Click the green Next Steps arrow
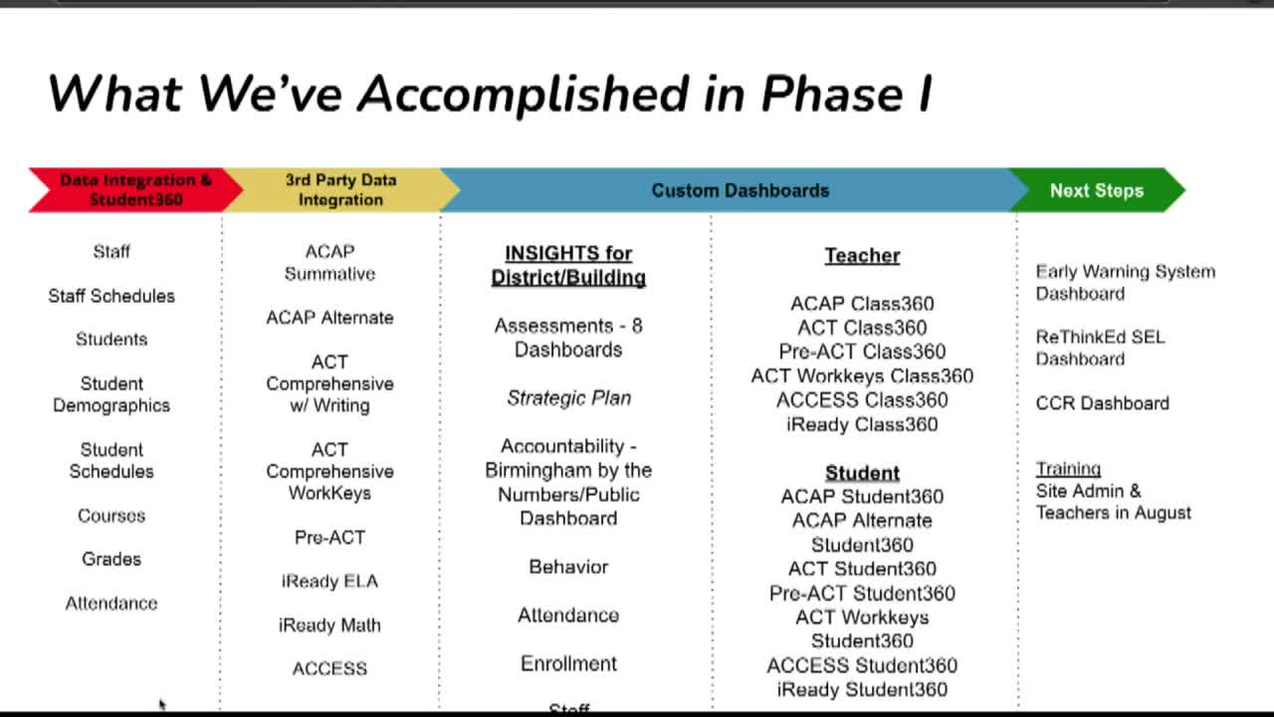pyautogui.click(x=1096, y=190)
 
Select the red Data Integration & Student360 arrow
pyautogui.click(x=135, y=189)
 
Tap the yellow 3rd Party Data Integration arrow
pyautogui.click(x=340, y=189)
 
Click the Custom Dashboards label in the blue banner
pyautogui.click(x=740, y=190)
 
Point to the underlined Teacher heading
pyautogui.click(x=862, y=256)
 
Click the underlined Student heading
pyautogui.click(x=862, y=473)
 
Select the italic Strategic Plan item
pyautogui.click(x=568, y=398)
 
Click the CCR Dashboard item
pyautogui.click(x=1102, y=403)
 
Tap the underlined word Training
pyautogui.click(x=1068, y=469)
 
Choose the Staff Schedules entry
pyautogui.click(x=111, y=296)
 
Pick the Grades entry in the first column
pyautogui.click(x=111, y=560)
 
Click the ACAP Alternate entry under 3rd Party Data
pyautogui.click(x=329, y=318)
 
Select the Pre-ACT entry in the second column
pyautogui.click(x=329, y=538)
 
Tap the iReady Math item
pyautogui.click(x=329, y=625)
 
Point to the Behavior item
pyautogui.click(x=568, y=567)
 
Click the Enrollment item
pyautogui.click(x=568, y=663)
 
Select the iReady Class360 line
pyautogui.click(x=862, y=424)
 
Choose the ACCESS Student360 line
pyautogui.click(x=862, y=665)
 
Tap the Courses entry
pyautogui.click(x=111, y=516)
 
